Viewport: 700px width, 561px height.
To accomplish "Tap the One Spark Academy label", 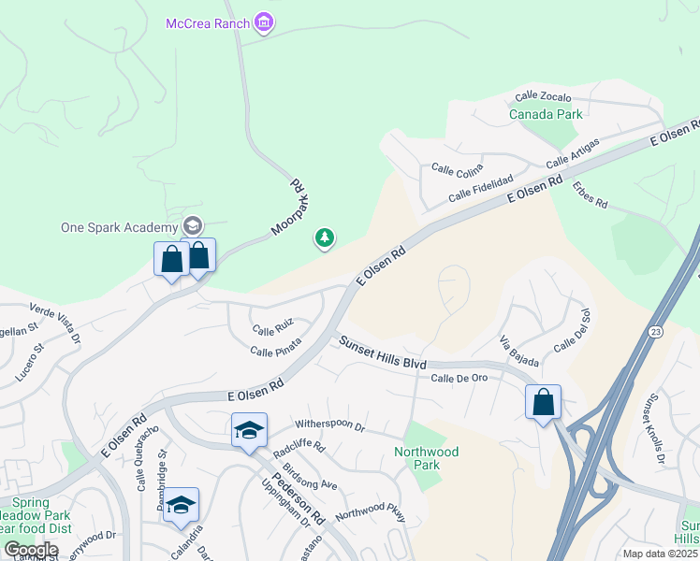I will click(x=119, y=227).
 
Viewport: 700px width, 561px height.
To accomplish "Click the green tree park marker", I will click(x=325, y=239).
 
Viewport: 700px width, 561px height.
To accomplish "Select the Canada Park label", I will click(x=546, y=114).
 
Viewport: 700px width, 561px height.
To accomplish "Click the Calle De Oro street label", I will click(x=459, y=378).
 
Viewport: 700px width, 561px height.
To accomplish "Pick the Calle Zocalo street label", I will click(x=543, y=95).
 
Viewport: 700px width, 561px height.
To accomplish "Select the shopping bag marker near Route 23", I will click(x=543, y=403).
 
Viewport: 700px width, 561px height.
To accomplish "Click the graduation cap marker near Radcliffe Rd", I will click(x=250, y=431).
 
